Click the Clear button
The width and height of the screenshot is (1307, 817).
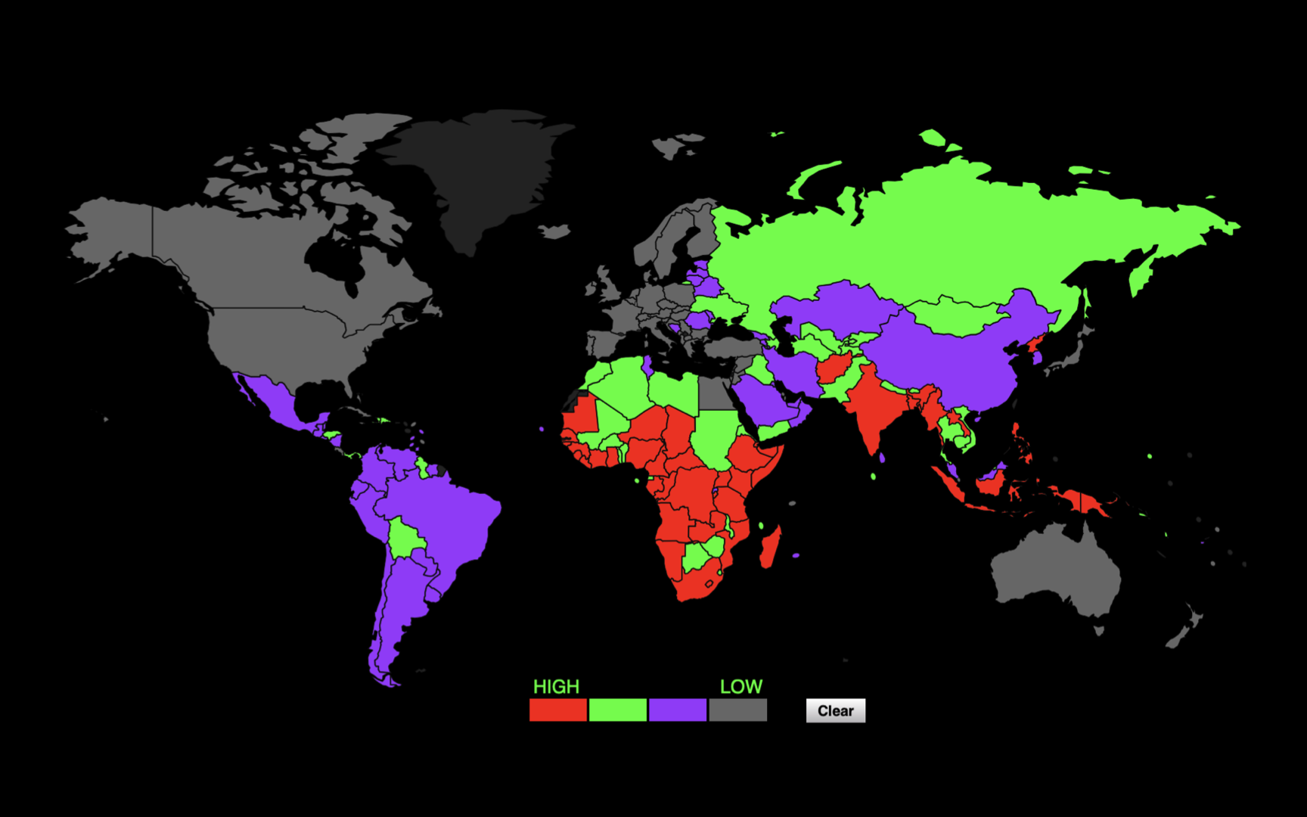835,710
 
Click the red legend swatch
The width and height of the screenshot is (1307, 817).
557,710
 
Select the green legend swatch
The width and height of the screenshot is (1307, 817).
617,710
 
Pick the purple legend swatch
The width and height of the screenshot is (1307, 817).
677,710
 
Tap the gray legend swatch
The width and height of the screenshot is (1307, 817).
737,710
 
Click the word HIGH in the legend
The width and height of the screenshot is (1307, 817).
556,686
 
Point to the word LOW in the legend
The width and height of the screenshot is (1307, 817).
740,686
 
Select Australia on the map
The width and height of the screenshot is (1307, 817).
1055,571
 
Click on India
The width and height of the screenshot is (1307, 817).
877,408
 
